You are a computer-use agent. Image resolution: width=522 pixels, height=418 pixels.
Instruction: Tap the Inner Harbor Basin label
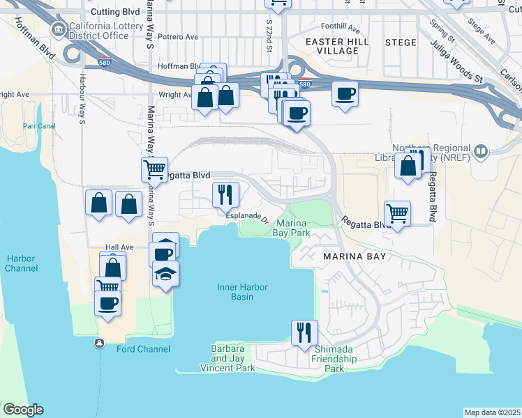(244, 291)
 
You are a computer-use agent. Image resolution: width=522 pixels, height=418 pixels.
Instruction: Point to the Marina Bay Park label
(292, 227)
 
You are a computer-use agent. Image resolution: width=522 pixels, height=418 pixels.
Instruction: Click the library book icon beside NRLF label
(480, 151)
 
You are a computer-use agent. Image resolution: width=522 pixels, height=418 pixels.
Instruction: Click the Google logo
(23, 410)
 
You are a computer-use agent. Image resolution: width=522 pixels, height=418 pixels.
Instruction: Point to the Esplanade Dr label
(247, 217)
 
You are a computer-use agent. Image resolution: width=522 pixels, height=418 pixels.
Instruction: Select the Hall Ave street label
(119, 247)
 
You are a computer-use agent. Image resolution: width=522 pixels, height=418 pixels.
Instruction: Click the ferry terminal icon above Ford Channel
(100, 343)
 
